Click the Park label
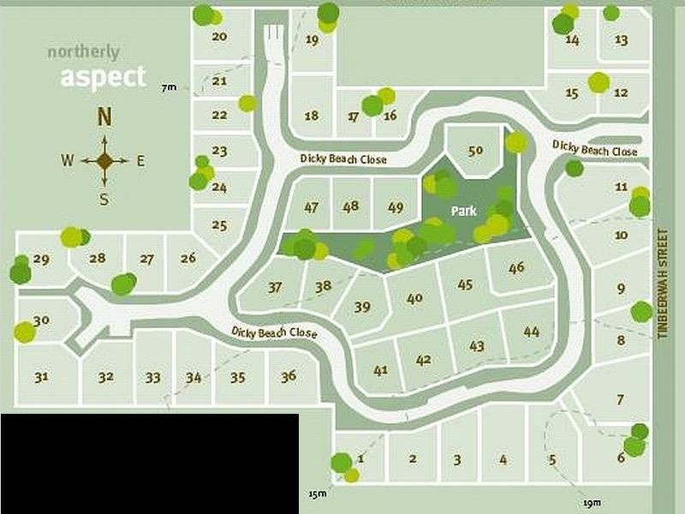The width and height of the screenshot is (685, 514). pyautogui.click(x=463, y=209)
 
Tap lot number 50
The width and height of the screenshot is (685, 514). pyautogui.click(x=476, y=151)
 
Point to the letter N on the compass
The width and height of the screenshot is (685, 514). pyautogui.click(x=104, y=117)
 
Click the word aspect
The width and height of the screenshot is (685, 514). pyautogui.click(x=103, y=77)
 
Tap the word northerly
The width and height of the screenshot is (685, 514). pyautogui.click(x=83, y=52)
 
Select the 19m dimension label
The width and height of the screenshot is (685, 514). pyautogui.click(x=591, y=502)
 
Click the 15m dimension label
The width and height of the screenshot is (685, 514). pyautogui.click(x=319, y=493)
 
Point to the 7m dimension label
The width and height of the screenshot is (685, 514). pyautogui.click(x=168, y=87)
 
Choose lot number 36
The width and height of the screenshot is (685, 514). pyautogui.click(x=289, y=376)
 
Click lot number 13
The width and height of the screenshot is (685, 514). pyautogui.click(x=622, y=39)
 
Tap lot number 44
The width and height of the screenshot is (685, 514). pyautogui.click(x=531, y=332)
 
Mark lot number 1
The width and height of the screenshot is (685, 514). pyautogui.click(x=361, y=459)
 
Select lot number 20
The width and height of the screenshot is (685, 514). pyautogui.click(x=219, y=37)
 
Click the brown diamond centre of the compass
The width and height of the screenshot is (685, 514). pyautogui.click(x=104, y=160)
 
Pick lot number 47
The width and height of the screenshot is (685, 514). pyautogui.click(x=311, y=207)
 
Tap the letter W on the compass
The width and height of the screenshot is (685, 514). pyautogui.click(x=67, y=160)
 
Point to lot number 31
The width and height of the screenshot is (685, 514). pyautogui.click(x=41, y=376)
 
